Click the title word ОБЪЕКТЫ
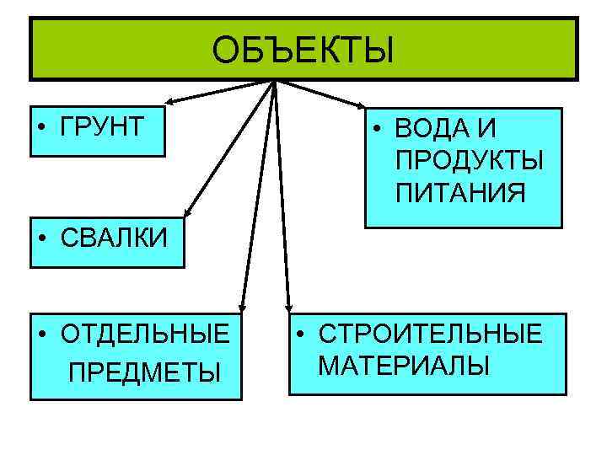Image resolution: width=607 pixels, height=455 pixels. (303, 50)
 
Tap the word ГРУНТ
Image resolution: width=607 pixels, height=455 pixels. (102, 129)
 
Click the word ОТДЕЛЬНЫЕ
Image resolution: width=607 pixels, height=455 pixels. (144, 334)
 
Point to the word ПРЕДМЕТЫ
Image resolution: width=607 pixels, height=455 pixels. (144, 371)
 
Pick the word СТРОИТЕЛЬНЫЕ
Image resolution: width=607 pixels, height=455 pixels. (431, 334)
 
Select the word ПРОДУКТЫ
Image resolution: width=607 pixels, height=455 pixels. (469, 161)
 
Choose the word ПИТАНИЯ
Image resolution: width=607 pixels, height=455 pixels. (460, 193)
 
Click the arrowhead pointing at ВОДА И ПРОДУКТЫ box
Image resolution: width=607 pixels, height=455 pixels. (362, 107)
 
